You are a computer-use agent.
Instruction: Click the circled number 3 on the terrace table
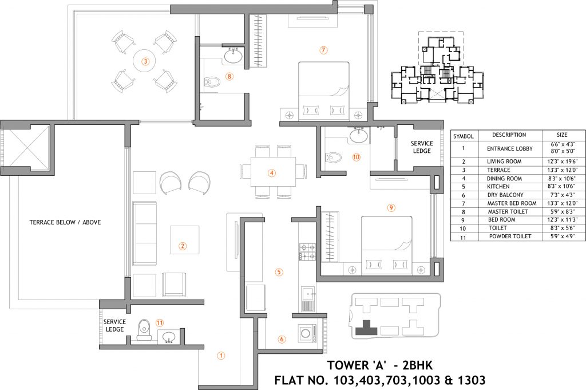[x=145, y=61]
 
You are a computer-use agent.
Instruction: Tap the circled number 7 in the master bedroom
[x=324, y=50]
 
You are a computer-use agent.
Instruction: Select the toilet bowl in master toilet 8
[x=212, y=81]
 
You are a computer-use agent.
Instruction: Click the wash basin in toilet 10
[x=359, y=135]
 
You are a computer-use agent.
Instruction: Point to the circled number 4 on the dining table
[x=272, y=173]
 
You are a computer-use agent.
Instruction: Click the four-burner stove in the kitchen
[x=307, y=251]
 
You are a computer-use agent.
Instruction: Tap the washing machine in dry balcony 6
[x=307, y=332]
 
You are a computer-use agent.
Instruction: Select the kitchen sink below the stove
[x=308, y=299]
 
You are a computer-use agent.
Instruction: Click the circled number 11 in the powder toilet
[x=160, y=322]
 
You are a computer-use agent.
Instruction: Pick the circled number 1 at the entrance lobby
[x=221, y=355]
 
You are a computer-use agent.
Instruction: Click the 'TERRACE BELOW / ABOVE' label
[x=65, y=222]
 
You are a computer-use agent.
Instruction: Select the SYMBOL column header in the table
[x=464, y=136]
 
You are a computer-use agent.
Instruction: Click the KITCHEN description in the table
[x=498, y=187]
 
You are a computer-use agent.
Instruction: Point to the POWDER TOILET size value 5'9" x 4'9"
[x=562, y=237]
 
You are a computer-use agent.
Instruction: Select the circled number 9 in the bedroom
[x=391, y=207]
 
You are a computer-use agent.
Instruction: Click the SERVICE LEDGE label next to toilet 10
[x=422, y=147]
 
